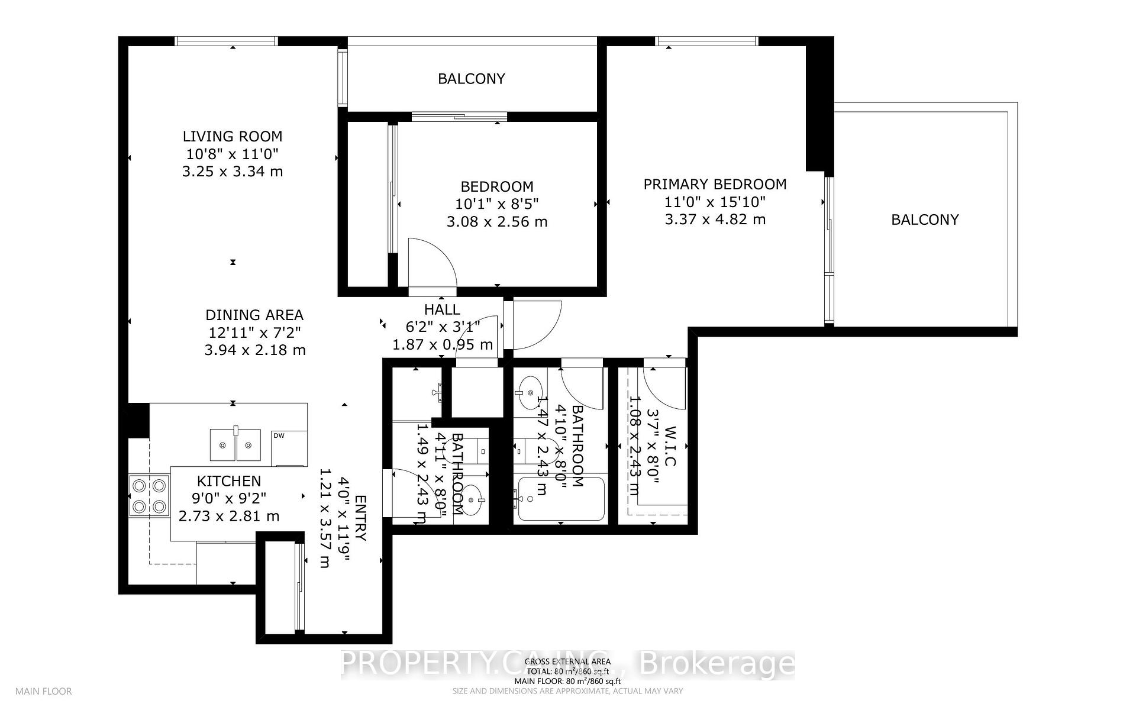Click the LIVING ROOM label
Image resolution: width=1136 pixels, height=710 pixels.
point(232,137)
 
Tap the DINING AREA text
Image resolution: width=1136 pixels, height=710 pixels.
point(254,315)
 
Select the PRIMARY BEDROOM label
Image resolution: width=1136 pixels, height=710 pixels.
point(715,184)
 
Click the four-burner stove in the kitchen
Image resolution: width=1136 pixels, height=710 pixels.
point(149,496)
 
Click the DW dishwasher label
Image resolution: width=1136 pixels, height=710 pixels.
point(279,436)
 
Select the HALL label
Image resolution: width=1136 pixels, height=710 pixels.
point(441,309)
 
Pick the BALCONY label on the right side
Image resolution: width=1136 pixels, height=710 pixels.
point(924,220)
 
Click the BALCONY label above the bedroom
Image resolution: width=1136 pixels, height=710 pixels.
point(471,79)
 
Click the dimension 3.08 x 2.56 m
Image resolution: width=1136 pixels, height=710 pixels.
point(496,222)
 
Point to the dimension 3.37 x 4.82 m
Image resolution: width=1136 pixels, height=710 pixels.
point(715,220)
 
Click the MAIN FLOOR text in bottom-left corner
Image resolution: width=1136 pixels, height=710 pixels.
point(43,691)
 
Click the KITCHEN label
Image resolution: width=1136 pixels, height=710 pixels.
point(228,481)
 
